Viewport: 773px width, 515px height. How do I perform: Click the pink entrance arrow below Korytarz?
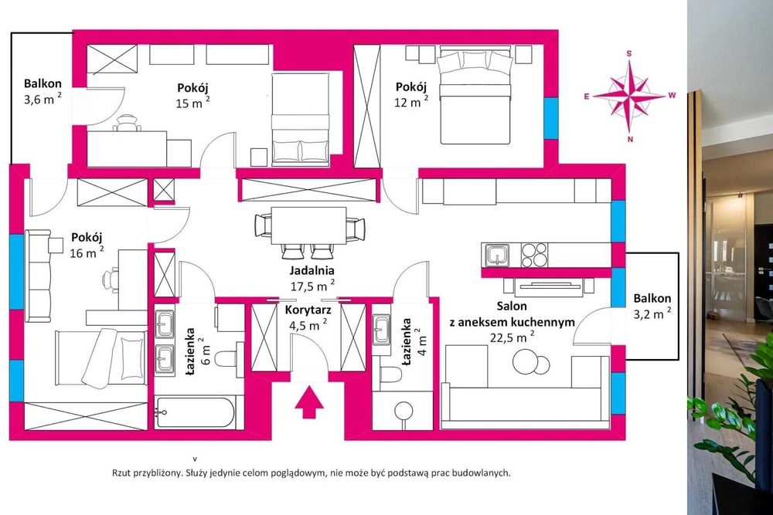pos(308,401)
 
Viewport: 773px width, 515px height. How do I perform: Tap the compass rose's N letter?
pos(631,139)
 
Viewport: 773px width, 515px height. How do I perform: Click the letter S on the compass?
pos(630,53)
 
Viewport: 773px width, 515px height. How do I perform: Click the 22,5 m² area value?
pos(512,337)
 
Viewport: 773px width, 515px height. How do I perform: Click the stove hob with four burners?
pos(534,254)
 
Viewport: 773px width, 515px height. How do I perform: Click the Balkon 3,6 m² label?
pos(43,91)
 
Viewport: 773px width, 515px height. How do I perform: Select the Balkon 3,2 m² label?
pos(651,305)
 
